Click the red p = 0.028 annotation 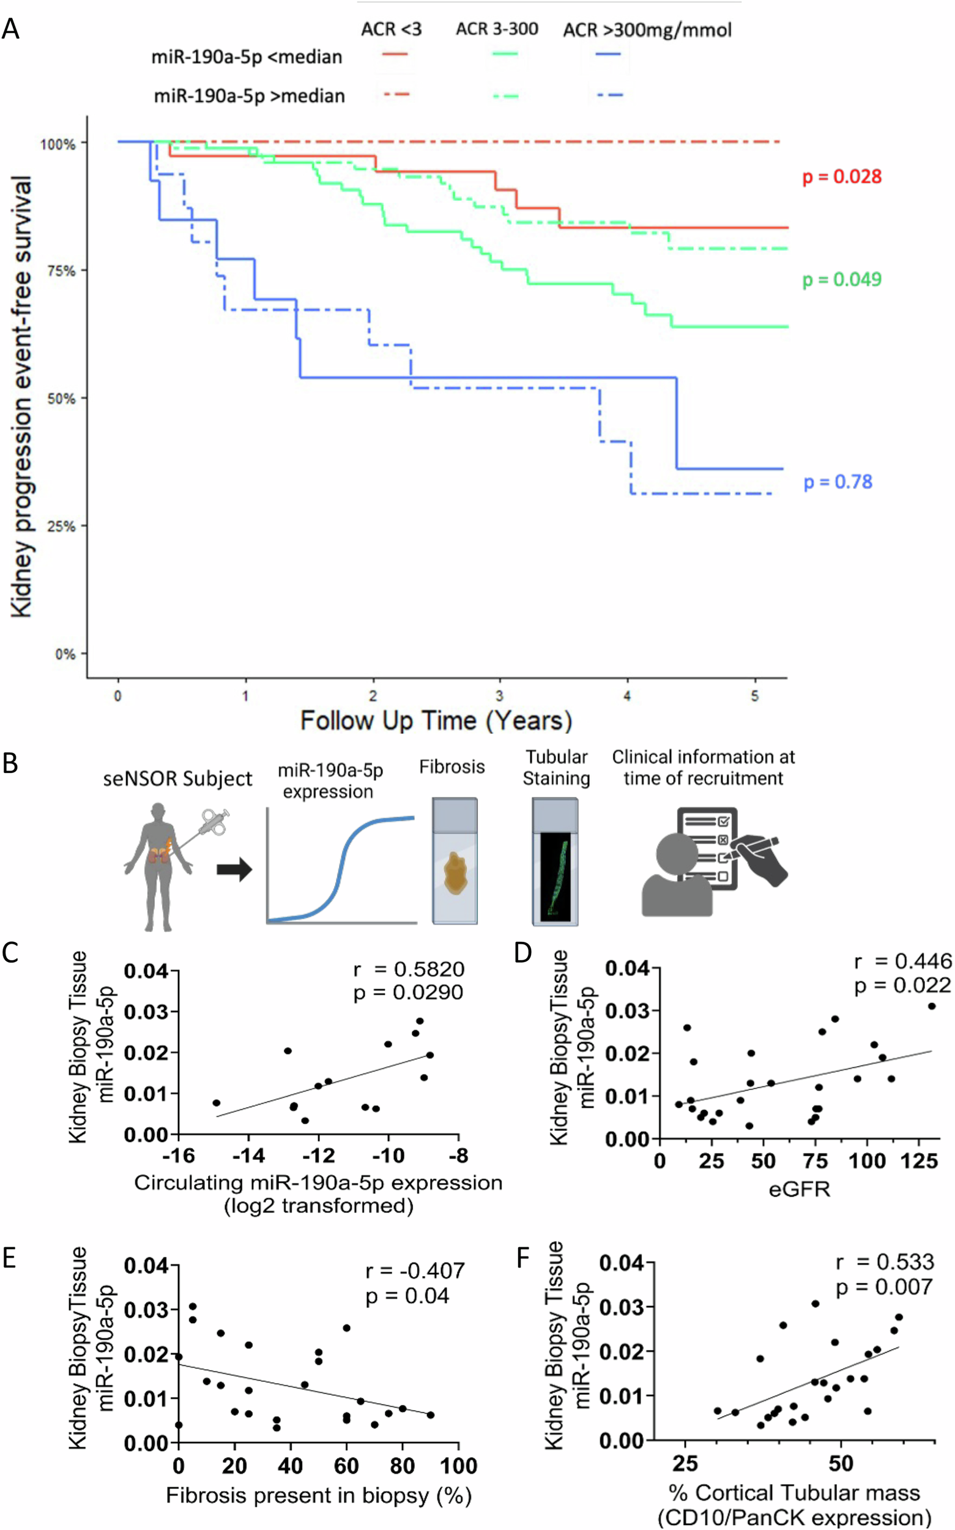pyautogui.click(x=841, y=177)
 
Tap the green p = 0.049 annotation pyautogui.click(x=841, y=279)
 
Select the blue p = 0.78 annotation pyautogui.click(x=838, y=482)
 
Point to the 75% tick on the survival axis pyautogui.click(x=62, y=271)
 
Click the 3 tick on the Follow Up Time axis pyautogui.click(x=500, y=696)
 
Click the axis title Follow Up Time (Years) pyautogui.click(x=436, y=721)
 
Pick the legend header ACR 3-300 pyautogui.click(x=497, y=29)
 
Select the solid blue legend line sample pyautogui.click(x=608, y=54)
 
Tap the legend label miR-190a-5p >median pyautogui.click(x=250, y=96)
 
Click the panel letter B pyautogui.click(x=10, y=764)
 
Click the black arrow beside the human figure pyautogui.click(x=234, y=870)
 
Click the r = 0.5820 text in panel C pyautogui.click(x=409, y=969)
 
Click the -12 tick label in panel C pyautogui.click(x=318, y=1156)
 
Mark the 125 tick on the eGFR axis pyautogui.click(x=918, y=1160)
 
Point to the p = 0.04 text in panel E pyautogui.click(x=407, y=1296)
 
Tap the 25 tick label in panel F pyautogui.click(x=685, y=1463)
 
